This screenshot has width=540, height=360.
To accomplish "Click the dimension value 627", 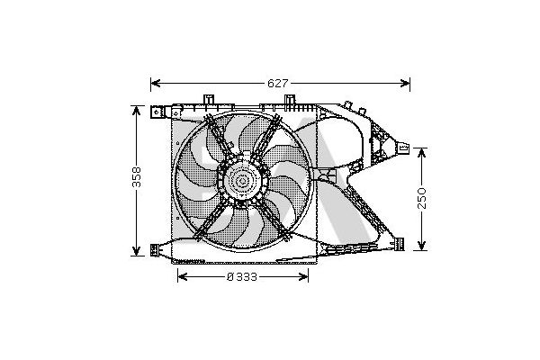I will (278, 83).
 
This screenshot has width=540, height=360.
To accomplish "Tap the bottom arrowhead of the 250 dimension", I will (421, 246).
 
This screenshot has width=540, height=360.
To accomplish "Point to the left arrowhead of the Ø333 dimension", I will (178, 276).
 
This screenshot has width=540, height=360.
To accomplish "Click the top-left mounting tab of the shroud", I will (159, 112).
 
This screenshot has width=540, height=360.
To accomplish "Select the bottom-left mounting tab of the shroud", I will (159, 249).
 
